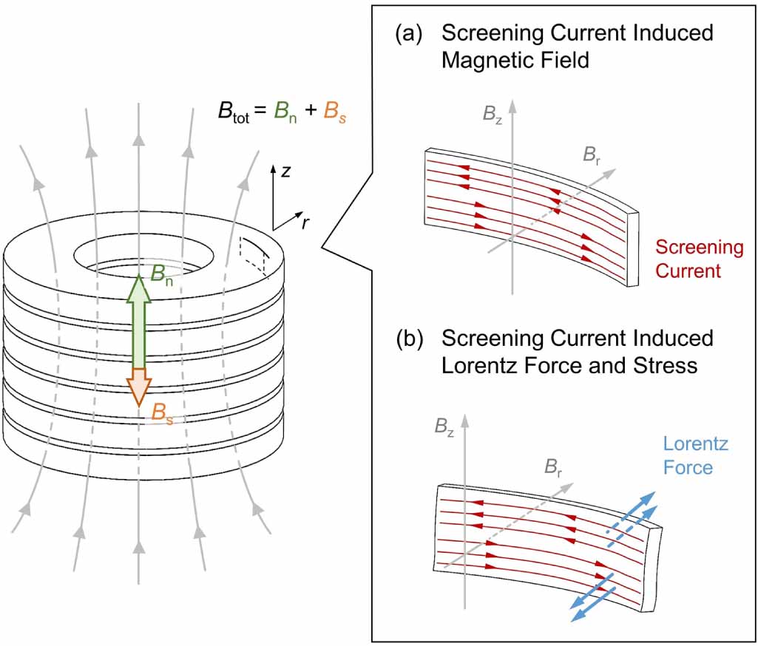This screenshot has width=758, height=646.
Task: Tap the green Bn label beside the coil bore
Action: pyautogui.click(x=161, y=274)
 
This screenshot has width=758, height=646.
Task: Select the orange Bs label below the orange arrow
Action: pyautogui.click(x=162, y=414)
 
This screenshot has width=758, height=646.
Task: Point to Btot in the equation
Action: pyautogui.click(x=234, y=112)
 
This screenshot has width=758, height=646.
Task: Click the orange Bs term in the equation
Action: pyautogui.click(x=334, y=112)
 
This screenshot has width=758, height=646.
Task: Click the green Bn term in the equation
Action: pyautogui.click(x=285, y=112)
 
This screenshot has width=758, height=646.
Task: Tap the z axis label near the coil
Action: pyautogui.click(x=286, y=171)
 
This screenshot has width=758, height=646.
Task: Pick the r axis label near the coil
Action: pyautogui.click(x=305, y=222)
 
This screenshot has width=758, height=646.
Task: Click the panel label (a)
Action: pyautogui.click(x=408, y=34)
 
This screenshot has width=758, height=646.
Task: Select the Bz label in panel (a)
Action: pyautogui.click(x=492, y=115)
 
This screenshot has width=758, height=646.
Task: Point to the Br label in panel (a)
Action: pyautogui.click(x=591, y=155)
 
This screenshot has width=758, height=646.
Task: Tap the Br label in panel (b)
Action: pyautogui.click(x=553, y=467)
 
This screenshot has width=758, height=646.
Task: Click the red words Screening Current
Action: pyautogui.click(x=699, y=259)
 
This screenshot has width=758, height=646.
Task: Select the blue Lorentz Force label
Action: pyautogui.click(x=695, y=455)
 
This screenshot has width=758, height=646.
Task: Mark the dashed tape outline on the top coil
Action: pyautogui.click(x=254, y=255)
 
